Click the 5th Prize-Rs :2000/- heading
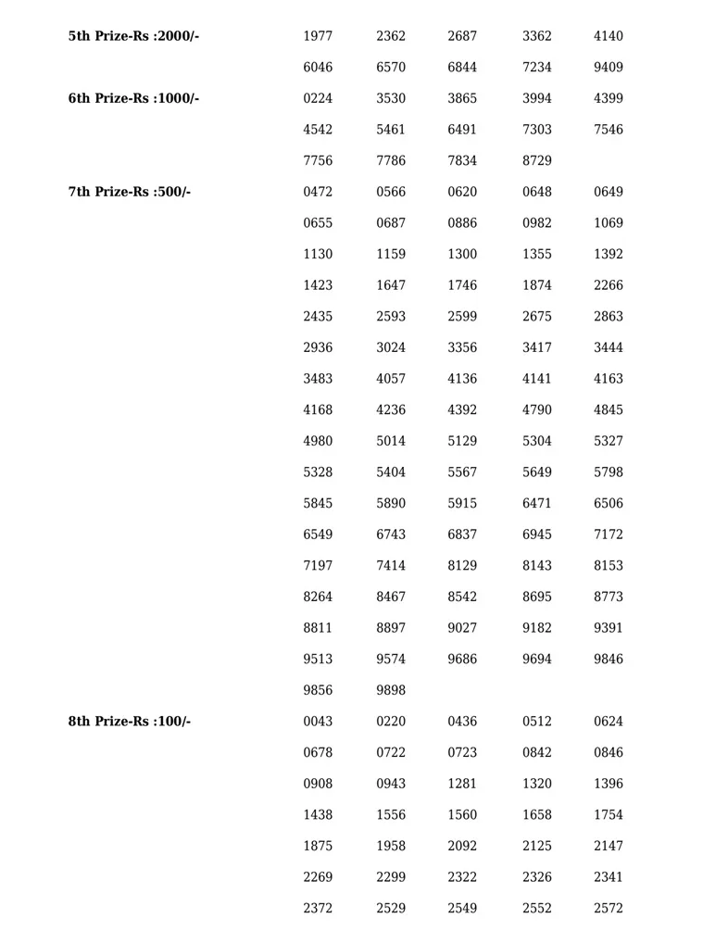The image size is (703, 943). (133, 36)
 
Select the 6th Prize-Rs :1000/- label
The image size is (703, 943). (133, 98)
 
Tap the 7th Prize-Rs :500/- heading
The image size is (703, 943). (130, 192)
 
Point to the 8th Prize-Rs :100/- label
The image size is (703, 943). (130, 722)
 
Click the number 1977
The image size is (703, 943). (318, 36)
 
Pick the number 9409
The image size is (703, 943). (609, 68)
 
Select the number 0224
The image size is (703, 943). (318, 98)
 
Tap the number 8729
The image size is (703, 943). (537, 161)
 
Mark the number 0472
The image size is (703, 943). (318, 192)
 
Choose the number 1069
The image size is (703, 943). (609, 223)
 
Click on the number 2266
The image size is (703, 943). (609, 285)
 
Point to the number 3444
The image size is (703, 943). (609, 347)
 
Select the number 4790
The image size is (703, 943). (537, 410)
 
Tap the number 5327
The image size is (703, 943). (609, 441)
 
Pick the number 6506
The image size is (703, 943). (609, 504)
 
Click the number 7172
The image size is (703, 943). (609, 534)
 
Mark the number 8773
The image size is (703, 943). (609, 597)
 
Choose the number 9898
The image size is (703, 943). (391, 690)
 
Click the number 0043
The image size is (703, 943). (318, 722)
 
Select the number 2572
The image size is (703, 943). (609, 909)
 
